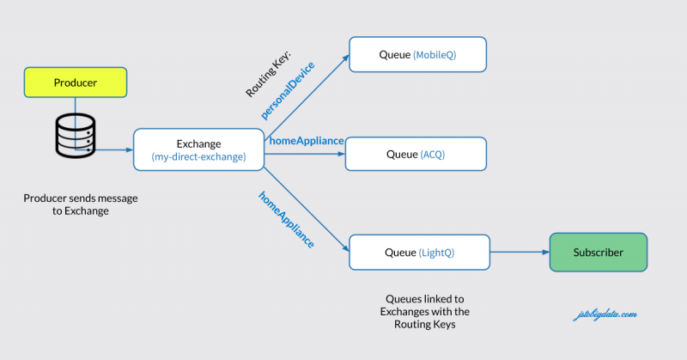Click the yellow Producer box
pos(76,82)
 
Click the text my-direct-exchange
pos(198,157)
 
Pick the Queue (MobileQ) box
pos(417,55)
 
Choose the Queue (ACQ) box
pos(416,155)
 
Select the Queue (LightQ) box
pos(419,253)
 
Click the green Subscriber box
pos(598,253)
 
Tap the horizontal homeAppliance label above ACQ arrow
pos(307,140)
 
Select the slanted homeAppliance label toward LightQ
pos(286,219)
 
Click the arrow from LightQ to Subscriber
pos(519,253)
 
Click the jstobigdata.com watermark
pos(605,314)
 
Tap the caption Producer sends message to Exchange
pos(81,204)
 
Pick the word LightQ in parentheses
pos(437,253)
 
